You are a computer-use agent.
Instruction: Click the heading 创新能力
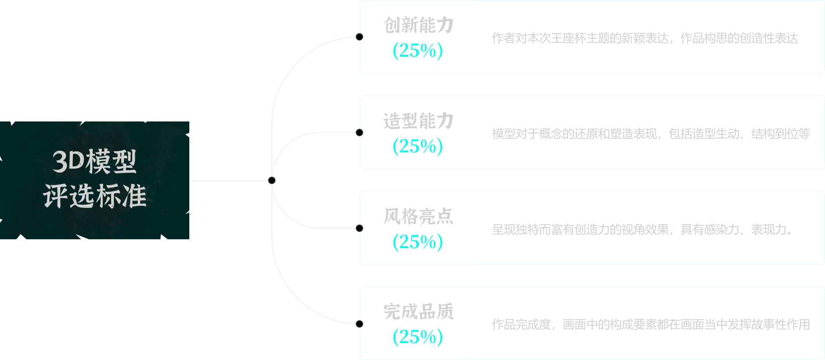tap(418, 25)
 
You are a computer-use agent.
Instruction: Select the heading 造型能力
tap(418, 121)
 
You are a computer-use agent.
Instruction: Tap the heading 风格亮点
tap(418, 216)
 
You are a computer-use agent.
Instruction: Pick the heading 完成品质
tap(418, 312)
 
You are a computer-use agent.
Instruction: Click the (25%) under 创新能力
tap(418, 51)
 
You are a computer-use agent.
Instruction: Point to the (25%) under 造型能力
tap(418, 147)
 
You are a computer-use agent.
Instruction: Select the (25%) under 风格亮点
tap(418, 242)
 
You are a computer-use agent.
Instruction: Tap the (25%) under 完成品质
tap(418, 337)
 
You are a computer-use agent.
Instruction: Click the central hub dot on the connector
tap(272, 180)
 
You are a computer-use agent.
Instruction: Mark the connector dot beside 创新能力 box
tap(359, 37)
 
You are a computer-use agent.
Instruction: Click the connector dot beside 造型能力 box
tap(359, 133)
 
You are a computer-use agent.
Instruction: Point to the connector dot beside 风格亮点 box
tap(359, 228)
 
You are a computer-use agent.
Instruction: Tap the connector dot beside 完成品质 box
tap(359, 324)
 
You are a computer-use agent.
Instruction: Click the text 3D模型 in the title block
tap(95, 162)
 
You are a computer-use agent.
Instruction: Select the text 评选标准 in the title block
tap(95, 196)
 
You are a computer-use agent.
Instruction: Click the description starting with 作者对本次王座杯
tap(645, 38)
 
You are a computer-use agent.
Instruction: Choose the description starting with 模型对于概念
tap(651, 134)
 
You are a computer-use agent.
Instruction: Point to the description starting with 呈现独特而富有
tap(643, 230)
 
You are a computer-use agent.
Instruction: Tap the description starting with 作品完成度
tap(651, 325)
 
